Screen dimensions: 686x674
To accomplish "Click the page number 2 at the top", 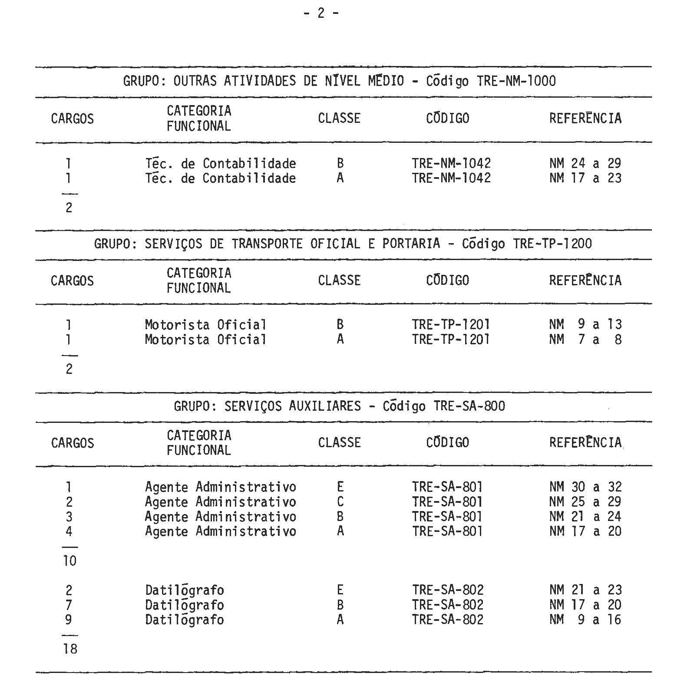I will [321, 13].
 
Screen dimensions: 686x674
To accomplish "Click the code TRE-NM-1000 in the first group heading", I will [516, 81].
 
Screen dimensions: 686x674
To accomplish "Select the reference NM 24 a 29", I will [585, 164].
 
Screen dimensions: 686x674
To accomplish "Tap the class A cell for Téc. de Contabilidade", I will [340, 178].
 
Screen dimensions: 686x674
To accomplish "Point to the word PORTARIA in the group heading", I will [411, 244].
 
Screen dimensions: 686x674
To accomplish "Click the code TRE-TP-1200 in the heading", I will [552, 244].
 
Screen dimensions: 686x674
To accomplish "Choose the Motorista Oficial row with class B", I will [205, 325].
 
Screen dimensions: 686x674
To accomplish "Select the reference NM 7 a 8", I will [585, 340].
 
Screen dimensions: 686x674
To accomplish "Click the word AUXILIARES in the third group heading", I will [325, 406].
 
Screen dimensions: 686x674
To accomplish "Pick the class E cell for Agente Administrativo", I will [340, 487].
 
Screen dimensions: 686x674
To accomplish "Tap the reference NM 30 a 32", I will [585, 487].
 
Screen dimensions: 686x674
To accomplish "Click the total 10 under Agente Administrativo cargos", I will [69, 561].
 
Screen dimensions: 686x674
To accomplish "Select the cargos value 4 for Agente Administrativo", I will [69, 531].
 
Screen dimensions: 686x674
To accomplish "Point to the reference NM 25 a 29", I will [585, 502].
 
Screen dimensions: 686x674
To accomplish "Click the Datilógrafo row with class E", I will [185, 590].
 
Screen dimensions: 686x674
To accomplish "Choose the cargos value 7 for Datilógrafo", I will [69, 605].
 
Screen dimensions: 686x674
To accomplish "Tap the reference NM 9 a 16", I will [585, 620].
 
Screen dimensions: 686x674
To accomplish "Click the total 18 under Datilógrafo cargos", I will [70, 649].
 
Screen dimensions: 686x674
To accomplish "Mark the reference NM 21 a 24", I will [585, 517].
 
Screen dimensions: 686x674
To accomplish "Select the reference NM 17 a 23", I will [585, 178].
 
